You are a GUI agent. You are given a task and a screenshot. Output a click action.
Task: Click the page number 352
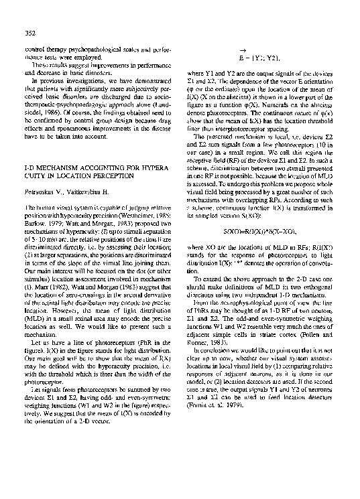coord(29,33)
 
